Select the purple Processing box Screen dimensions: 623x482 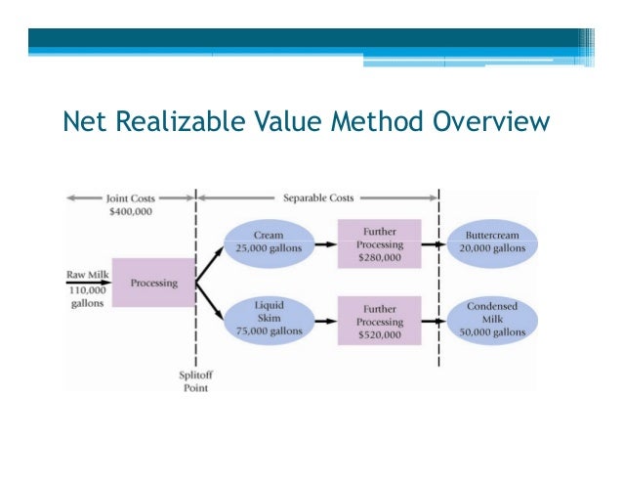coord(153,284)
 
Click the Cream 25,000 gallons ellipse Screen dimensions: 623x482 coord(269,241)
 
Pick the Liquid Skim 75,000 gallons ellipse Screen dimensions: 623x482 coord(269,320)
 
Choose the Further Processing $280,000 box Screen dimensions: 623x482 coord(379,241)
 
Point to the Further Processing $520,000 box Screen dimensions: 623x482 coord(379,320)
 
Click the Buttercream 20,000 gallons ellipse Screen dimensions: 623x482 coord(492,241)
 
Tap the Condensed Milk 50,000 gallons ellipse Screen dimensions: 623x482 coord(492,320)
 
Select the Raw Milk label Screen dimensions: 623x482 coord(86,274)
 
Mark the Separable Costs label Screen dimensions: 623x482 coord(318,198)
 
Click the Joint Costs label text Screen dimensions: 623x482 coord(131,198)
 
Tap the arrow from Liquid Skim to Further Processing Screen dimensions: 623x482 coord(325,320)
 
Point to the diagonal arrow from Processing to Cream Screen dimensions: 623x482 coord(210,263)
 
